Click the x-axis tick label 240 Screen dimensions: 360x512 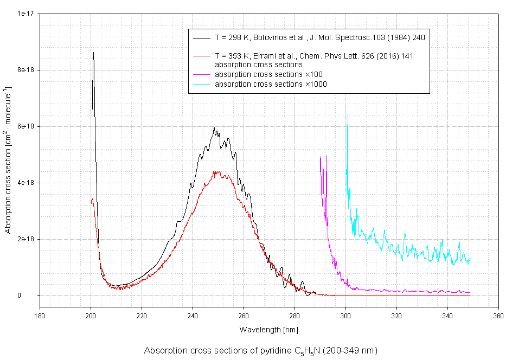pyautogui.click(x=193, y=315)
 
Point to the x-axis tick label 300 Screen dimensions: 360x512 pyautogui.click(x=345, y=315)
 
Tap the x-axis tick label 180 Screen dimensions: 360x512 pyautogui.click(x=40, y=315)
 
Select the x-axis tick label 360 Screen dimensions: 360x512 pyautogui.click(x=498, y=315)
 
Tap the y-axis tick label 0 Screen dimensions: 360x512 pyautogui.click(x=34, y=295)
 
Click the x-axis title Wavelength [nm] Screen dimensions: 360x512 pyautogui.click(x=268, y=329)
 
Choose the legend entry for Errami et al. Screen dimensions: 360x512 pyautogui.click(x=315, y=56)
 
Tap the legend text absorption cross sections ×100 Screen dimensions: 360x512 pyautogui.click(x=269, y=74)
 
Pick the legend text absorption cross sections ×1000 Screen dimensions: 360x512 pyautogui.click(x=271, y=84)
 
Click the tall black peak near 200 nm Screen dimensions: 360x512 pyautogui.click(x=93, y=53)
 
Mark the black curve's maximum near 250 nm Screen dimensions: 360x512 pyautogui.click(x=214, y=128)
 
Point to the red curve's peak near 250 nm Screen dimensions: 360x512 pyautogui.click(x=215, y=171)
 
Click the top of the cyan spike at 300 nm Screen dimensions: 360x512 pyautogui.click(x=347, y=115)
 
